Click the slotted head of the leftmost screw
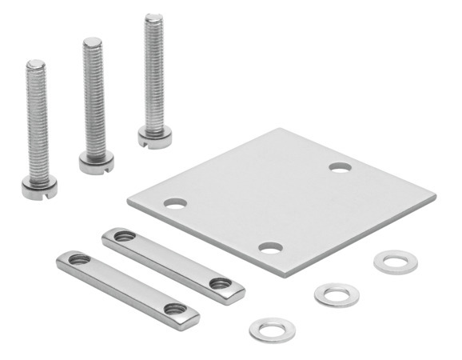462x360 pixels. (38, 189)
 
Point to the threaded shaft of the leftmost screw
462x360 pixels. (38, 120)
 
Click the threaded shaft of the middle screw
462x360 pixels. (94, 96)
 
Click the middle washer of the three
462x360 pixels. (337, 294)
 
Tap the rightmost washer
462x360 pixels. (396, 262)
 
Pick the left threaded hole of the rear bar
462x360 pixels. (125, 236)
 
